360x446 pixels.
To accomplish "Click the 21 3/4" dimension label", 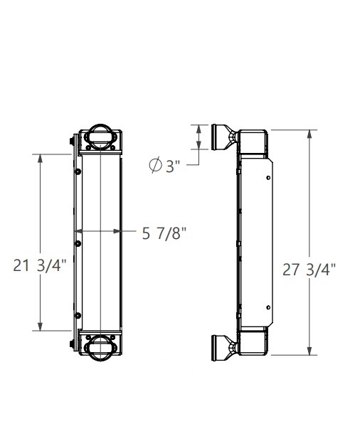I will point(39,266).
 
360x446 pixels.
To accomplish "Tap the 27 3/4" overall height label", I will point(309,270).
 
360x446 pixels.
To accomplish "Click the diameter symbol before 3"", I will point(155,166).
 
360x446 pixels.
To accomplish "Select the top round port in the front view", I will point(100,136).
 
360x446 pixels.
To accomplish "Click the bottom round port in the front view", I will point(100,347).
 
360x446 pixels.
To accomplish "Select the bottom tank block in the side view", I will point(252,341).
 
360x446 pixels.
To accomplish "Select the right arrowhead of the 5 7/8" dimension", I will point(117,231).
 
